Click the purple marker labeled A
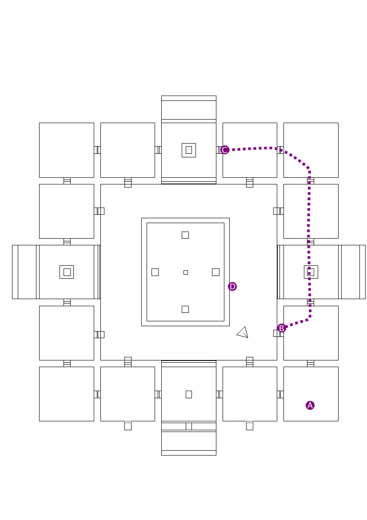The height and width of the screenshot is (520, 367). tap(310, 405)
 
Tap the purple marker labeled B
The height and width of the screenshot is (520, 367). tap(281, 328)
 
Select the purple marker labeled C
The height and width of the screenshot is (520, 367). tap(225, 150)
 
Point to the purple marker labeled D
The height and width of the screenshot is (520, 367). tap(232, 287)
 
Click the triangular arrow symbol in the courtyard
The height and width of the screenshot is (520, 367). tap(243, 332)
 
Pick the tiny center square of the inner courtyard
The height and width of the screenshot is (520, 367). tap(186, 272)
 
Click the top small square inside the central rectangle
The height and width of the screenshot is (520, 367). tap(185, 235)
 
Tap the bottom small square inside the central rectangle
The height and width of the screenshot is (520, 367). tap(185, 309)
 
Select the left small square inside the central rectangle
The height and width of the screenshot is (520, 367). tap(155, 272)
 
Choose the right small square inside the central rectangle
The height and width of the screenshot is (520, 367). tap(215, 272)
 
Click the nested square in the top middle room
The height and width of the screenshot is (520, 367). tap(189, 150)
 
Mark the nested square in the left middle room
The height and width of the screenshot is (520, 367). tap(67, 272)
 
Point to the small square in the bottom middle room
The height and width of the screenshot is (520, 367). tap(189, 394)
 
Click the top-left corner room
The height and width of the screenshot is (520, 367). tap(67, 150)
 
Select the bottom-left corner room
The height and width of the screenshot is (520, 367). tap(67, 394)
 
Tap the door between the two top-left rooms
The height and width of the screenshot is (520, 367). tap(97, 150)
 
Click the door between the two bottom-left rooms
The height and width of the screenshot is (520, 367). tap(97, 394)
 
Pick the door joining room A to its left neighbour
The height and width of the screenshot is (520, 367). tap(280, 394)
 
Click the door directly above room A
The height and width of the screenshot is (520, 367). tap(311, 364)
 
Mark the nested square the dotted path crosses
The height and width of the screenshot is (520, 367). tap(311, 272)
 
